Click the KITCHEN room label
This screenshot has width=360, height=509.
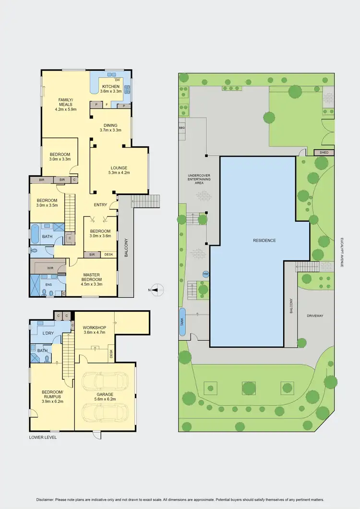(110, 86)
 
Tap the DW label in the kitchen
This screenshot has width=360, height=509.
(118, 80)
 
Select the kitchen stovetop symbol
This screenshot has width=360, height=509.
(128, 89)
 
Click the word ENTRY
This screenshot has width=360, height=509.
(101, 205)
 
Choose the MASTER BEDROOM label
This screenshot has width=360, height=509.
(92, 277)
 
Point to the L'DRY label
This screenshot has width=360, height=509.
(48, 333)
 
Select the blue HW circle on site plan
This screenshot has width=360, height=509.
(206, 274)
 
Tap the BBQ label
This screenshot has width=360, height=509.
(182, 129)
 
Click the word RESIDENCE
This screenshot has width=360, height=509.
(264, 240)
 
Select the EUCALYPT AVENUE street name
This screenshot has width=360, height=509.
(341, 252)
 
